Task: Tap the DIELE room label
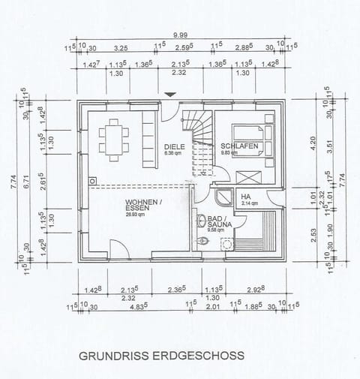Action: (173, 147)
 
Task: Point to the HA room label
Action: (246, 197)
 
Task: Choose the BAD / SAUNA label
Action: (208, 223)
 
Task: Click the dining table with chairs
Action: (113, 139)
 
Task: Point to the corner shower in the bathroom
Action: (222, 197)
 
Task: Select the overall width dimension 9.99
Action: (180, 35)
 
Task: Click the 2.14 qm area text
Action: (249, 203)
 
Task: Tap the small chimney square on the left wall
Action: (91, 179)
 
